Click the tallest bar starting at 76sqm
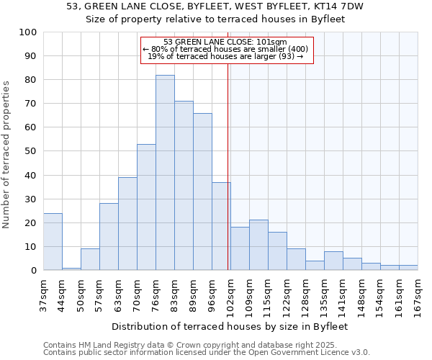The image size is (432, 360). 165,173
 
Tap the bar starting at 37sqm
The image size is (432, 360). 53,242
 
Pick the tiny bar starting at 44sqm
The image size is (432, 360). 71,269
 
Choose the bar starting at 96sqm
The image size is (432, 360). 221,226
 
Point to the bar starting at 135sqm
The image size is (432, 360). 333,261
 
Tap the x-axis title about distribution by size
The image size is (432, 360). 230,326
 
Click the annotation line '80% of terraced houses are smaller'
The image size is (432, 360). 227,49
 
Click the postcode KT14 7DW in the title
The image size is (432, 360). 339,6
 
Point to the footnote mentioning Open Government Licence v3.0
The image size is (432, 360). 207,353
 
